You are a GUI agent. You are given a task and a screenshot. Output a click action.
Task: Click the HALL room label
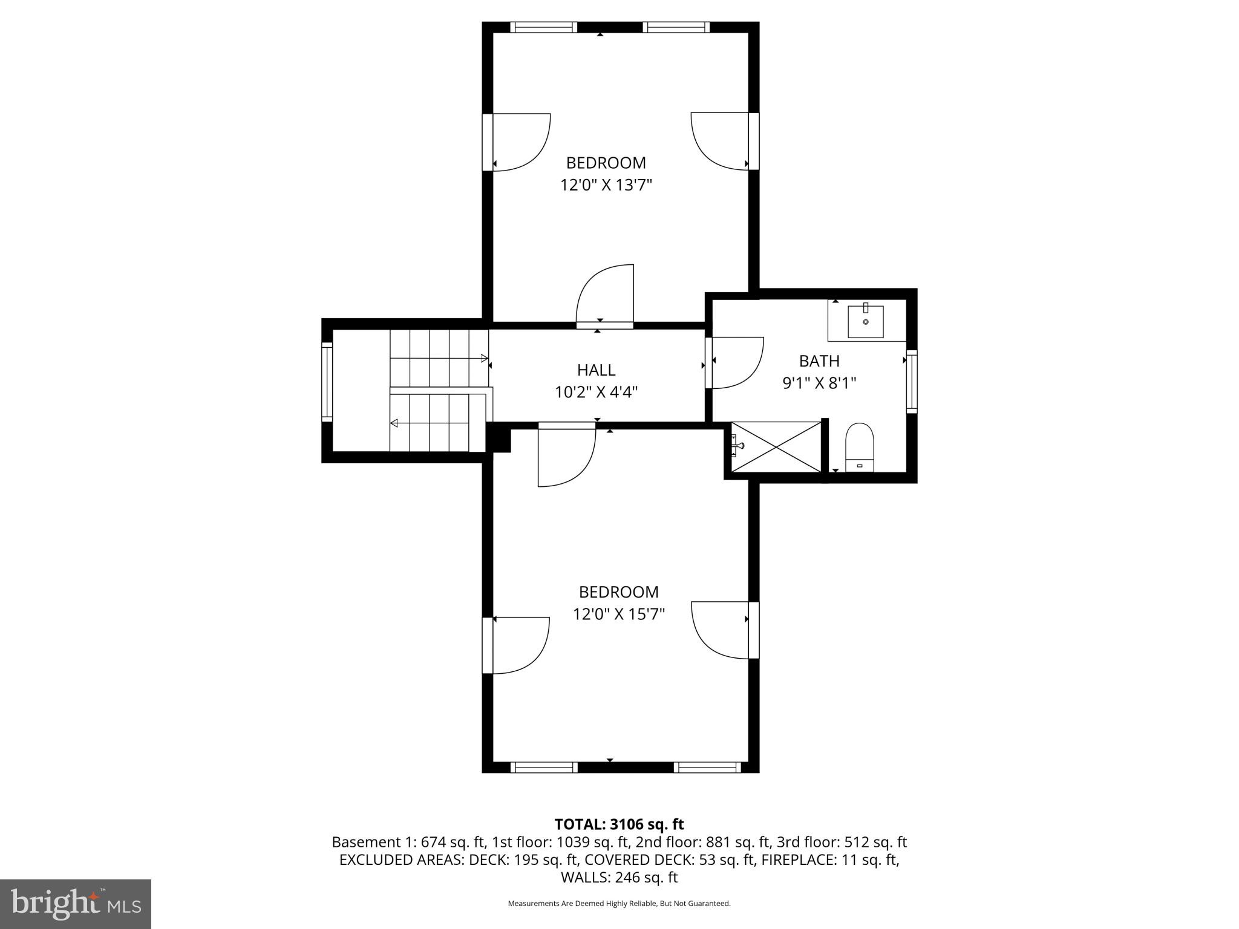click(596, 370)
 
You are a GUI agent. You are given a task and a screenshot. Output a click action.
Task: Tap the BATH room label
click(819, 361)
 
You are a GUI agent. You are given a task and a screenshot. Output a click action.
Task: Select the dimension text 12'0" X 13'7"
click(606, 185)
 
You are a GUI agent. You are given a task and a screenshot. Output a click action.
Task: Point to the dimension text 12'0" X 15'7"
click(618, 614)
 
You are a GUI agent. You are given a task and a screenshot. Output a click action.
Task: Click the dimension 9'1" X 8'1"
click(819, 383)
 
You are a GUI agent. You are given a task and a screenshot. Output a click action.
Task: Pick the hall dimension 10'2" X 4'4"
click(596, 393)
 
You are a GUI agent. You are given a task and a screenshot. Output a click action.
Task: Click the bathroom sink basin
click(865, 322)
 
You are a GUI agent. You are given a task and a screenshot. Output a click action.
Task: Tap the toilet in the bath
click(859, 447)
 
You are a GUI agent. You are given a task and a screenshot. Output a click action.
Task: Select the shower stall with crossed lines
click(776, 447)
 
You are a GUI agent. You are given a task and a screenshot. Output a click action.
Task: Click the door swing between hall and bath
click(735, 362)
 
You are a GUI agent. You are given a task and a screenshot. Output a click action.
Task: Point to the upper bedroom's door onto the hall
click(604, 295)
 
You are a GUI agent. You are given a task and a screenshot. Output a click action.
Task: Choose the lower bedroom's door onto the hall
click(567, 457)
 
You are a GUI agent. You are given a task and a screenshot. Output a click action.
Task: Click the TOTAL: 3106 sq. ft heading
click(619, 824)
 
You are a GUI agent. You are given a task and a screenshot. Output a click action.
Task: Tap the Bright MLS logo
click(76, 904)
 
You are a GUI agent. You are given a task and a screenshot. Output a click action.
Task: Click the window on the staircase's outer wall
click(327, 381)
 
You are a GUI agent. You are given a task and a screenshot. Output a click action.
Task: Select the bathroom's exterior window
click(911, 381)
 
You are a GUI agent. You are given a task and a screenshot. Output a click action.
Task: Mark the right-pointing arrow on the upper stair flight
click(484, 358)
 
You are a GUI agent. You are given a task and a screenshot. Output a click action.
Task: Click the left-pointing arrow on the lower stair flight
click(394, 423)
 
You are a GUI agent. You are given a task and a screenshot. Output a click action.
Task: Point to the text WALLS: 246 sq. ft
click(619, 878)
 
